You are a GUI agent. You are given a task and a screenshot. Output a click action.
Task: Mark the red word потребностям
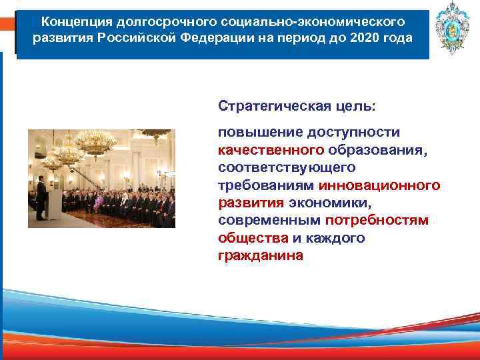(x=377, y=220)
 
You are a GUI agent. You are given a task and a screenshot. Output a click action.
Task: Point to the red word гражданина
(x=260, y=255)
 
